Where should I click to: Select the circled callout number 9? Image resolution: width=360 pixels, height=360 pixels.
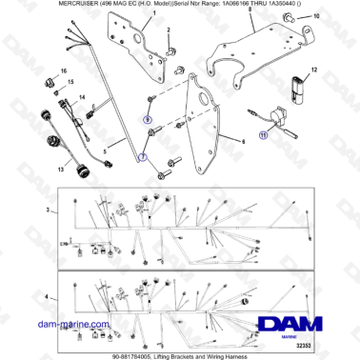[x=147, y=119]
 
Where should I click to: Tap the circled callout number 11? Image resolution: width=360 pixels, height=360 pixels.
[x=264, y=134]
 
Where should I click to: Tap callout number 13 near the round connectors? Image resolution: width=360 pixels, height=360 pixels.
[x=35, y=170]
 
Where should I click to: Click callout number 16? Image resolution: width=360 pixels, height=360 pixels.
[x=64, y=70]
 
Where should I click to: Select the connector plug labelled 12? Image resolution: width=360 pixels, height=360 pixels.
[x=302, y=84]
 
